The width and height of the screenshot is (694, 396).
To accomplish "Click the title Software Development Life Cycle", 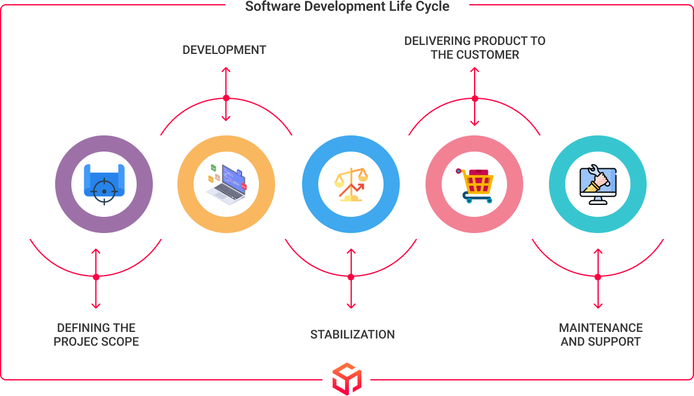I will click(x=347, y=7).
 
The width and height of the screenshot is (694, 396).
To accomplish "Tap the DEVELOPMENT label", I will click(x=224, y=50).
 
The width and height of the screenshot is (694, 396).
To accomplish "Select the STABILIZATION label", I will click(x=352, y=334).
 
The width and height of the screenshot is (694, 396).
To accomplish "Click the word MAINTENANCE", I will click(x=601, y=328).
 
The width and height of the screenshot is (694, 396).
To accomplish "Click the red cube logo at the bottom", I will click(x=347, y=379).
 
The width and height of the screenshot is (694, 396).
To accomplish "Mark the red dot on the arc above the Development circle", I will click(x=226, y=97).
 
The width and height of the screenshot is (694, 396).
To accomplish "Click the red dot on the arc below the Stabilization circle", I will click(x=351, y=277).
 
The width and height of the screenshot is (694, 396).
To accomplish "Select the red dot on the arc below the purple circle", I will click(x=96, y=277).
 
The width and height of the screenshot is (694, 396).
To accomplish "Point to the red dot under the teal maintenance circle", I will click(x=598, y=277).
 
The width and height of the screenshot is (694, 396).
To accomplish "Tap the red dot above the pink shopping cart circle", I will click(x=475, y=98).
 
